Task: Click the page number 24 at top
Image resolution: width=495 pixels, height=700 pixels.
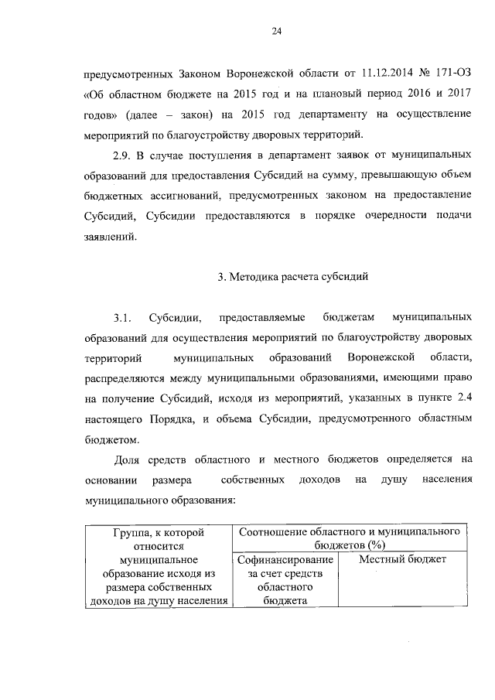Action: click(x=276, y=31)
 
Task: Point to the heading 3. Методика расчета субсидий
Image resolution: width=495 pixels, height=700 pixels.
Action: click(x=276, y=276)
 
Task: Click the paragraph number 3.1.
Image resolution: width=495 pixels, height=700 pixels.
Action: click(x=124, y=319)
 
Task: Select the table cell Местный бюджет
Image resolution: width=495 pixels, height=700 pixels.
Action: click(x=403, y=558)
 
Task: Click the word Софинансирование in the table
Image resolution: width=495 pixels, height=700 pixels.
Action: click(x=286, y=559)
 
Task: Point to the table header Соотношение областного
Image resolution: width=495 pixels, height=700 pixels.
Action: click(x=351, y=533)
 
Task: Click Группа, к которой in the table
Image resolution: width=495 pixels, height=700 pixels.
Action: click(x=158, y=533)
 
